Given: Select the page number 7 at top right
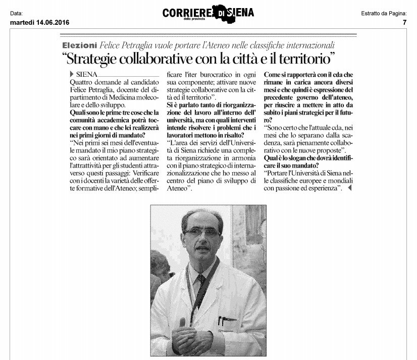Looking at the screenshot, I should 404,22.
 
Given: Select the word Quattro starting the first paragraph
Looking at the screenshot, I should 82,82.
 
